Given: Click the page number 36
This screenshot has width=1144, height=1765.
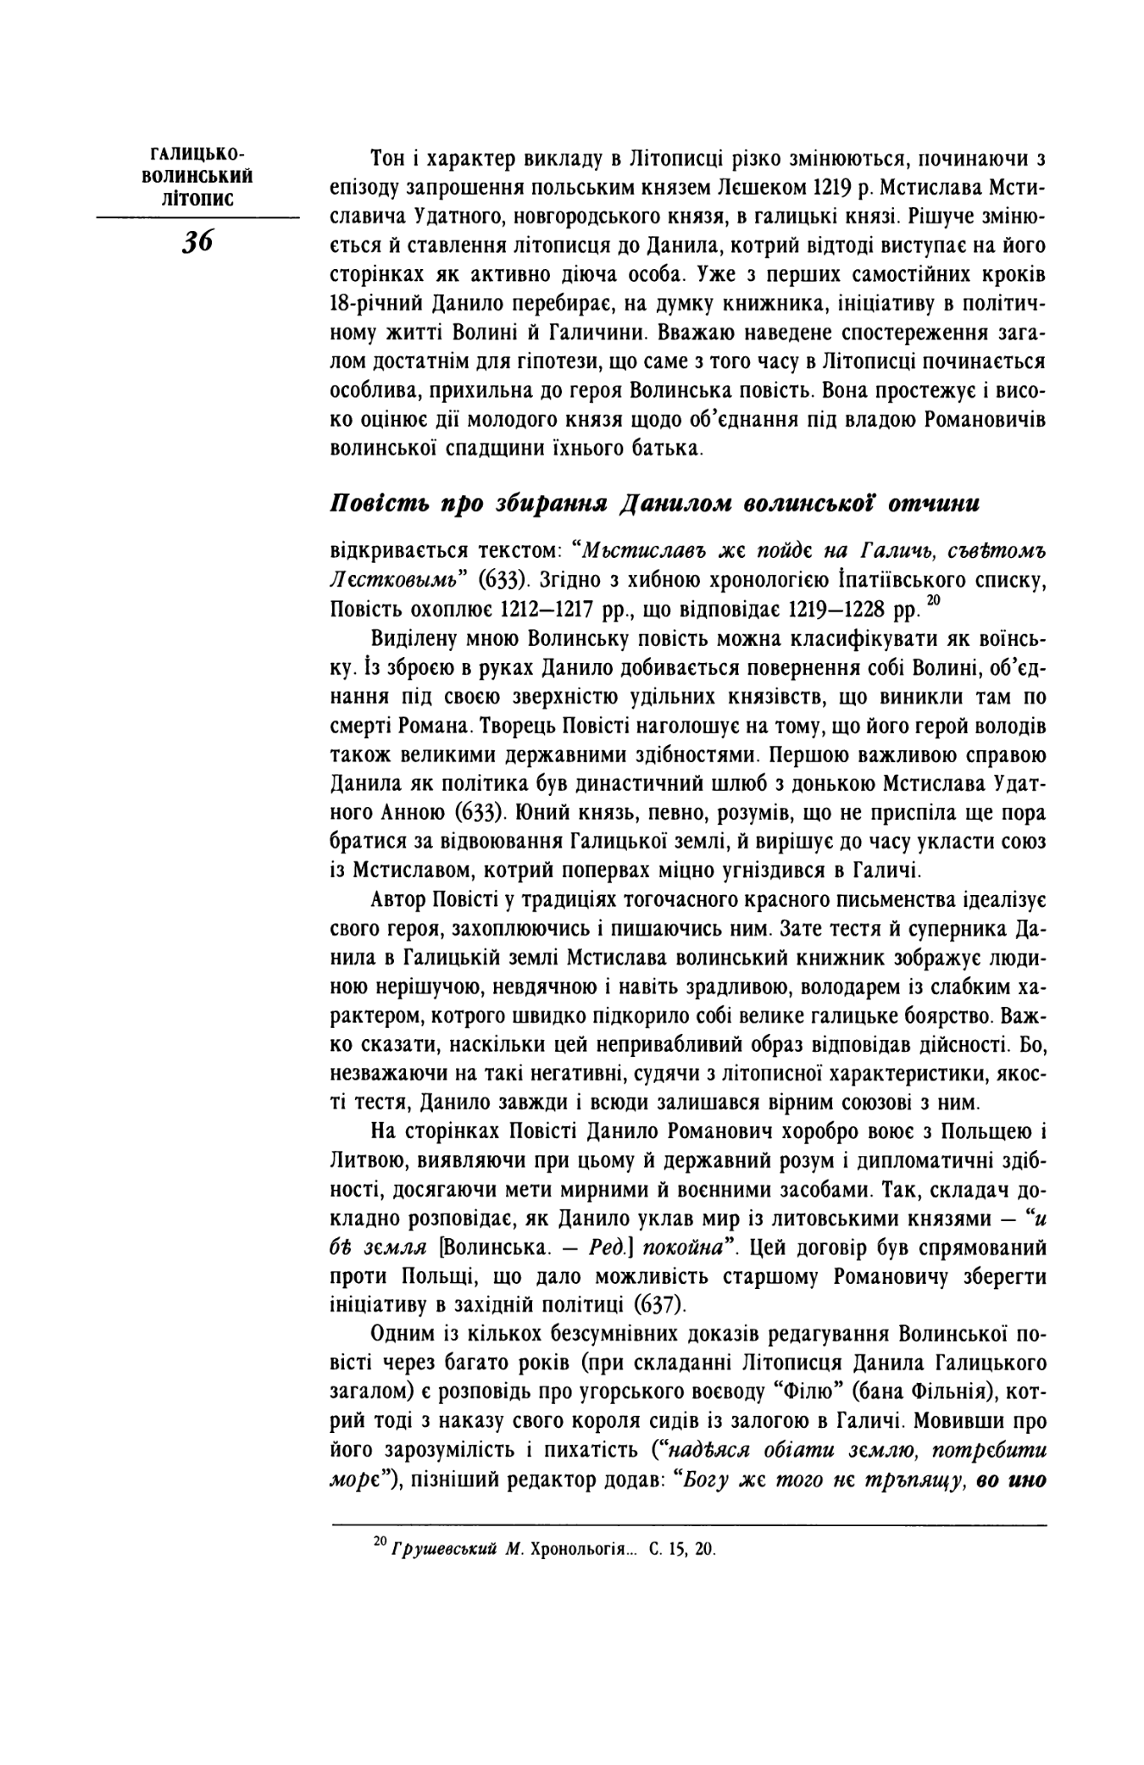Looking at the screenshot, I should pyautogui.click(x=197, y=242).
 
